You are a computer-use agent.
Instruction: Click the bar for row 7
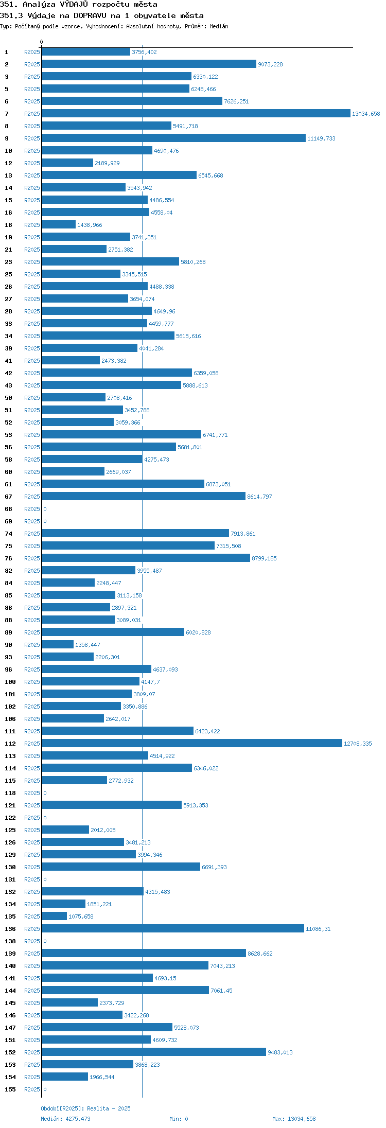(196, 114)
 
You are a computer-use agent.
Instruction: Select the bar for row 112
(192, 744)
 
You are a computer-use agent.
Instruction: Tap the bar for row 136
(173, 929)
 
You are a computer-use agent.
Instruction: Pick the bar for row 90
(58, 645)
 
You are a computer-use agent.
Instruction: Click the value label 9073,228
(270, 64)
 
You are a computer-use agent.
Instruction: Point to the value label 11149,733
(321, 138)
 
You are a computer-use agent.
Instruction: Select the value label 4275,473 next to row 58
(156, 460)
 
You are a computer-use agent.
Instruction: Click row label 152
(10, 1052)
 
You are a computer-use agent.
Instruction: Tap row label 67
(9, 497)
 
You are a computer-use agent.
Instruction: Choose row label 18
(9, 225)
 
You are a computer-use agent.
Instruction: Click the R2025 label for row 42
(32, 373)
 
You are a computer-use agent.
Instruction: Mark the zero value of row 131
(45, 879)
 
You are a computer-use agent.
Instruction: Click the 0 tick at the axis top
(42, 42)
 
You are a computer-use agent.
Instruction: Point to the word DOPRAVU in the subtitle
(90, 15)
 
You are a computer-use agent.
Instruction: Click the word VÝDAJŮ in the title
(74, 4)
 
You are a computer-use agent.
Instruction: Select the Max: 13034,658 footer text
(294, 1119)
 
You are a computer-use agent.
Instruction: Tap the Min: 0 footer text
(179, 1119)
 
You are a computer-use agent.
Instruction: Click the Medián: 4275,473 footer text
(65, 1119)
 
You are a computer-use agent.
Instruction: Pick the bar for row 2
(149, 64)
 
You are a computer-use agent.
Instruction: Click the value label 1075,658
(81, 916)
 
